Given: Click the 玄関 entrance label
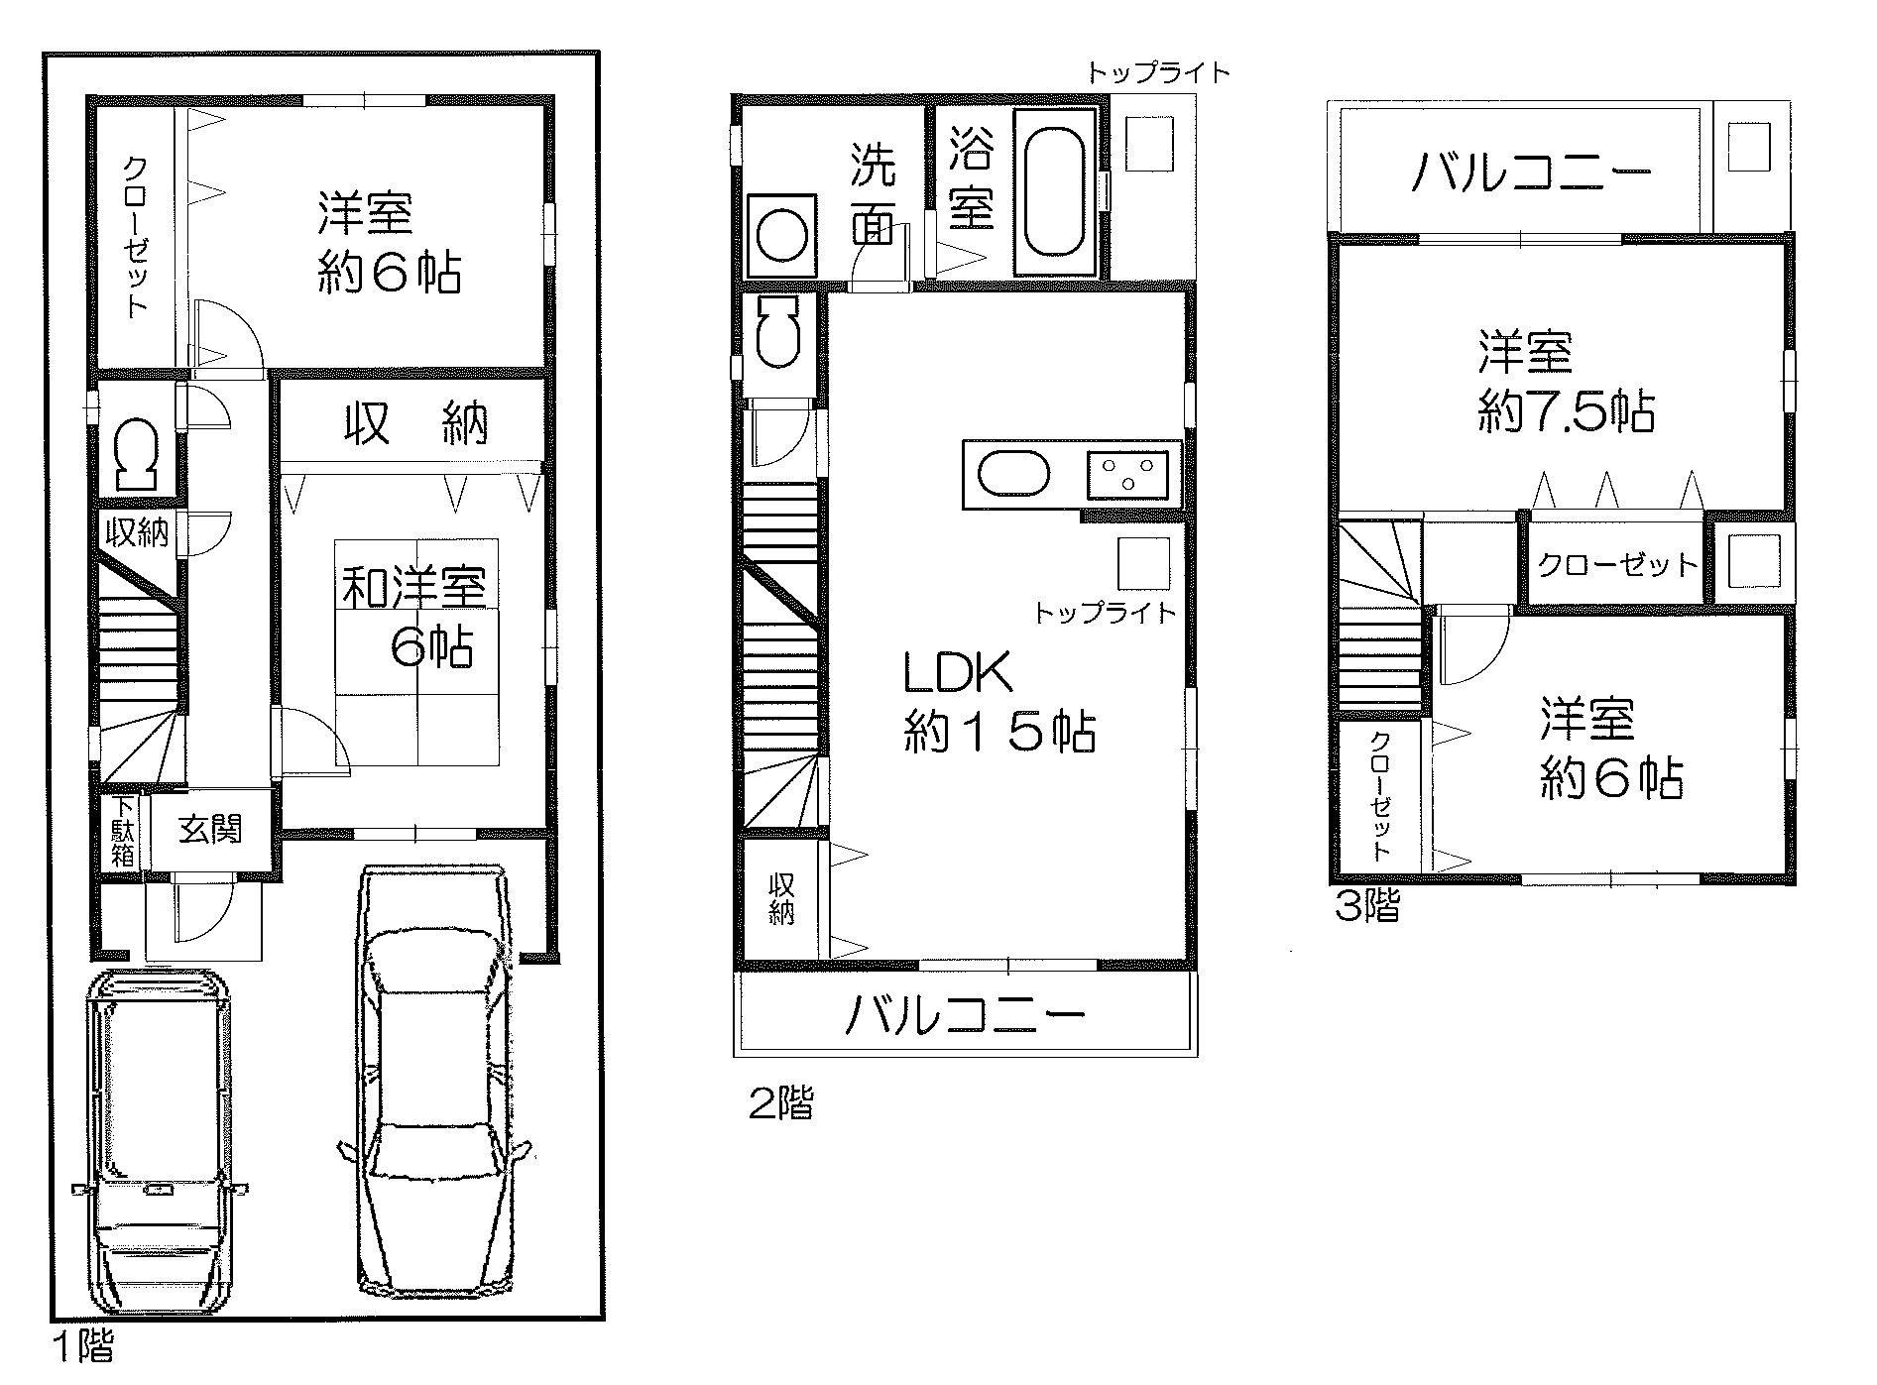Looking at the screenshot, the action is coord(211,829).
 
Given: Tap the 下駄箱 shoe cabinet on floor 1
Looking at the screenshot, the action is coord(122,832).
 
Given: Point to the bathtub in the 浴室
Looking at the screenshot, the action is coord(1057,193).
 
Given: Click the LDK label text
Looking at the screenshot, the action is coord(956,674).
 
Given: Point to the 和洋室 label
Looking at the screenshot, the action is coord(414,589).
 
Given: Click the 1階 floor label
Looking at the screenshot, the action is coord(83,1345).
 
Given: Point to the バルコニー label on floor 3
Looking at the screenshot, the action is coord(1532,175).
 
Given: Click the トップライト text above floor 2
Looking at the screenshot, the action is coord(1159,72).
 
